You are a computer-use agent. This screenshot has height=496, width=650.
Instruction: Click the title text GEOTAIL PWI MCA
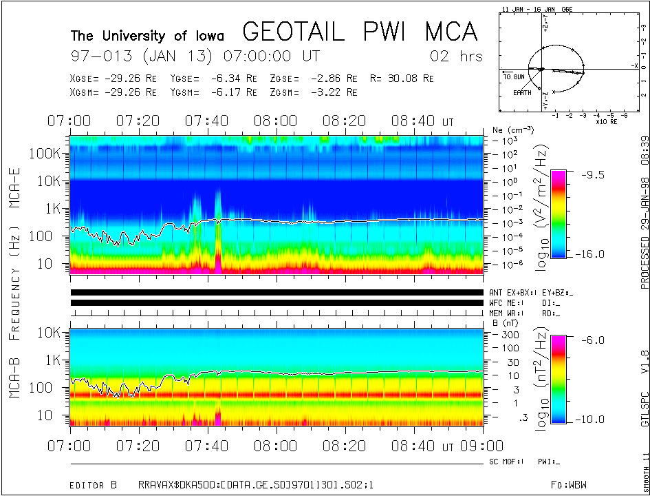360,32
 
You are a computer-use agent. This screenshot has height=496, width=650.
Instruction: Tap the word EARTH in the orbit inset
521,92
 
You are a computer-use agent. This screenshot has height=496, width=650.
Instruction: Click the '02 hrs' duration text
456,56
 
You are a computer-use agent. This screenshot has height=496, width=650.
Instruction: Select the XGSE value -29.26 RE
114,79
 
